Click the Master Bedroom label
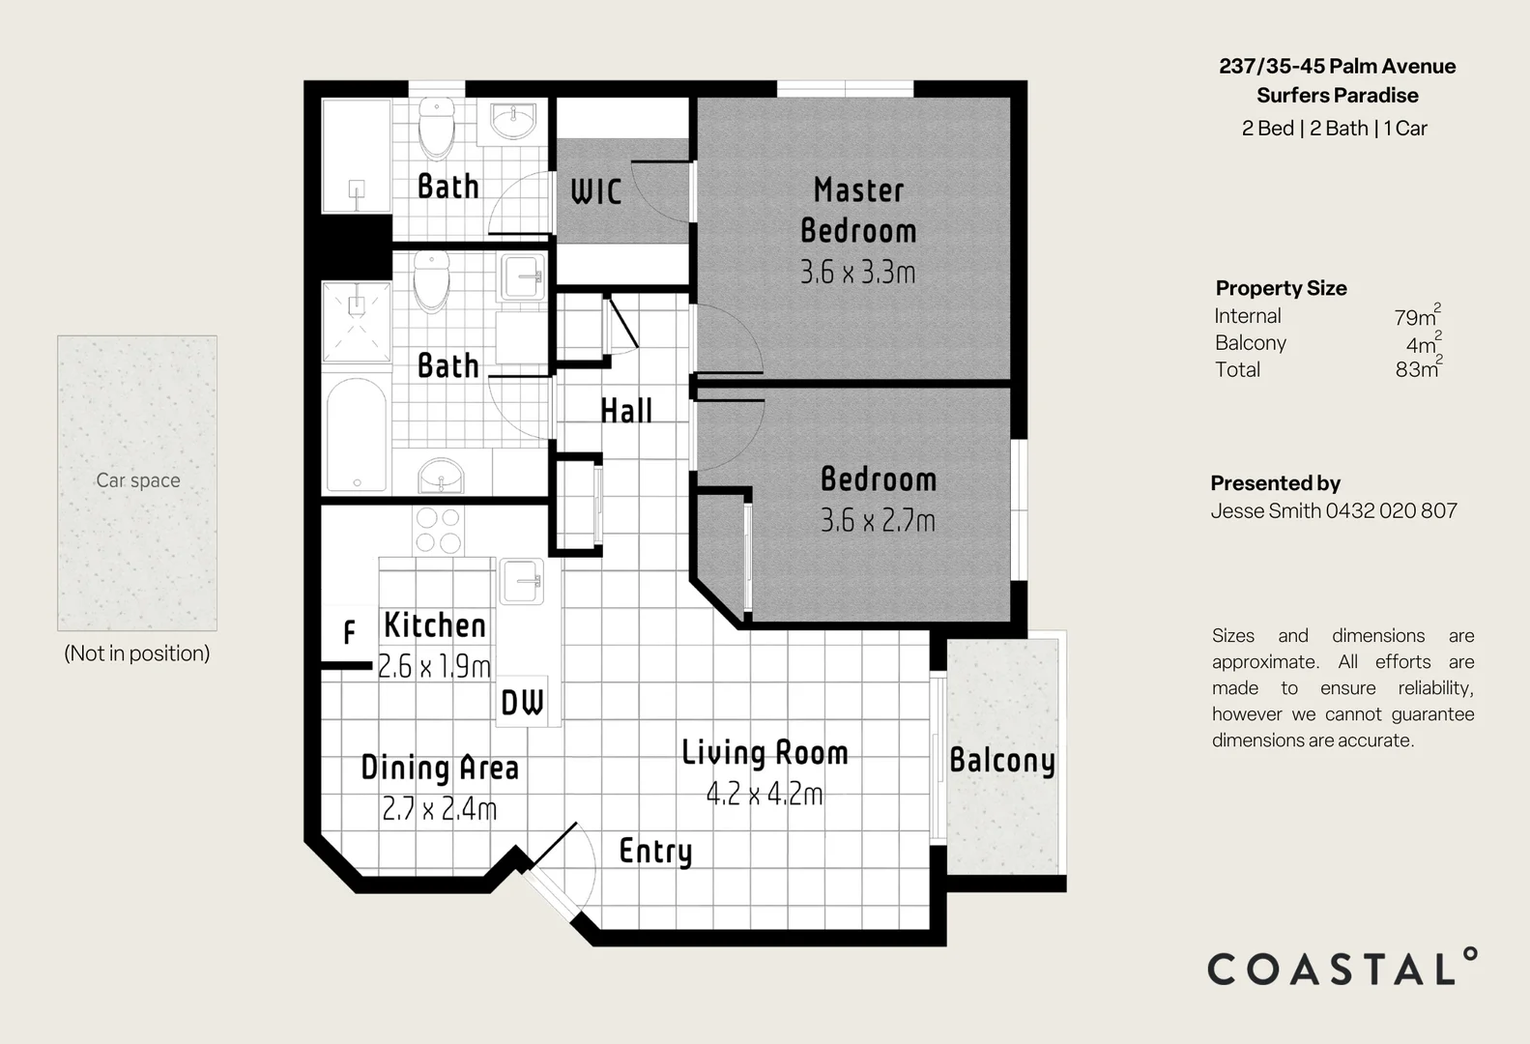[858, 210]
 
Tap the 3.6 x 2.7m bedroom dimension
[878, 521]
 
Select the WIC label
[596, 191]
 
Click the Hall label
[626, 411]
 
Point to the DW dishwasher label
[522, 703]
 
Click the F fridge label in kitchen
[349, 633]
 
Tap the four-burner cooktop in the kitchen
[438, 531]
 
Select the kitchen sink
[522, 582]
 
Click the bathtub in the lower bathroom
[357, 435]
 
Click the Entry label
[655, 852]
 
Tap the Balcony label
[1002, 761]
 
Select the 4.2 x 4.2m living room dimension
[765, 795]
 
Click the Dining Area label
[440, 768]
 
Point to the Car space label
[138, 480]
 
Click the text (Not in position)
[137, 653]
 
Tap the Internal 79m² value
[1416, 316]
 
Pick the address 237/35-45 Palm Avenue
[1337, 67]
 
